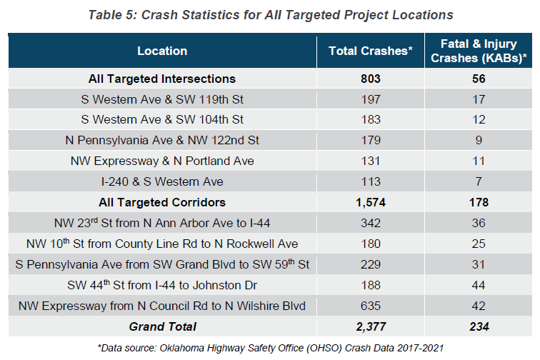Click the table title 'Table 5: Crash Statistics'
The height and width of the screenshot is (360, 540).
pos(271,14)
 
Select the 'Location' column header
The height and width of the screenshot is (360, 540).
pos(162,51)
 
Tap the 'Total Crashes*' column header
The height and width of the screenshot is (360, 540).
pos(371,51)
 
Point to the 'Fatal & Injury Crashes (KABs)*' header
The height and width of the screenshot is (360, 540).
pos(478,51)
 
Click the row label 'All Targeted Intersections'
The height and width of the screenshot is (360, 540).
pos(162,79)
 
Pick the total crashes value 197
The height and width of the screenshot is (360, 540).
pos(371,99)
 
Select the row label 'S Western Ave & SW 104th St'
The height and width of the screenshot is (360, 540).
pos(162,120)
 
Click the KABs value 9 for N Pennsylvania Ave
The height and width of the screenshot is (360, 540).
pos(478,141)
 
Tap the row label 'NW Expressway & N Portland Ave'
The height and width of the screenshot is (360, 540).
pos(162,161)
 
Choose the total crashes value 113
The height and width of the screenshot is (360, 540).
pos(371,182)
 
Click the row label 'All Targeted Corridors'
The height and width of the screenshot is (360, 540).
pos(162,203)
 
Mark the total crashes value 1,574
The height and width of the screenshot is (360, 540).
pos(371,203)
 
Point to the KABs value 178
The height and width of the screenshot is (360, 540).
pos(478,203)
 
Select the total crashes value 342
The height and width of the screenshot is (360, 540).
pos(371,224)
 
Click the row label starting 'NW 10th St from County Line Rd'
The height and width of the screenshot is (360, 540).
pos(162,244)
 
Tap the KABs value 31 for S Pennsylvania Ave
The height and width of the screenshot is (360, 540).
pos(478,265)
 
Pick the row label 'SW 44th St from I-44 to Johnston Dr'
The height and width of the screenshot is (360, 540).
pos(162,286)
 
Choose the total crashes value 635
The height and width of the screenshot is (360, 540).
pos(371,306)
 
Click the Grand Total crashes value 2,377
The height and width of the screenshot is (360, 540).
pos(371,327)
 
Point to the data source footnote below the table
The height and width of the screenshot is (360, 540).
pos(270,348)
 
